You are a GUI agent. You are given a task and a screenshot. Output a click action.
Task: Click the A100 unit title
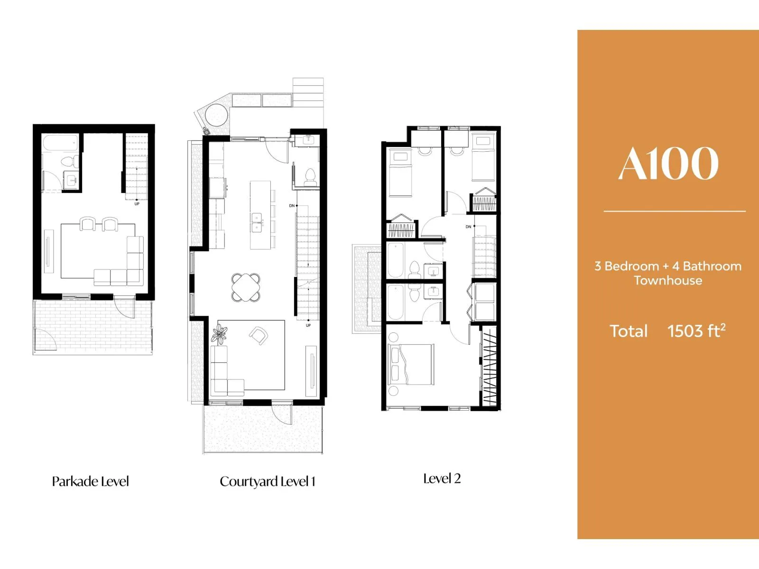click(x=668, y=163)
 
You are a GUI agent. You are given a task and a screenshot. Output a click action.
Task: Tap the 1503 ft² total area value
click(x=696, y=330)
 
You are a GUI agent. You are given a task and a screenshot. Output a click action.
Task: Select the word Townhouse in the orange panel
click(x=668, y=280)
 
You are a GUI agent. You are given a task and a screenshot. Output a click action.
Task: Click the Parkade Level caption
click(x=90, y=481)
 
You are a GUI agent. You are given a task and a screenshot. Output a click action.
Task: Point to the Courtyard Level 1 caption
click(x=267, y=482)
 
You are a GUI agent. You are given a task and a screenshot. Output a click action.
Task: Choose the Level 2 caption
click(x=442, y=478)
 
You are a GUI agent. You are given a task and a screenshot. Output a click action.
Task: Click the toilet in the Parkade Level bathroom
click(x=70, y=161)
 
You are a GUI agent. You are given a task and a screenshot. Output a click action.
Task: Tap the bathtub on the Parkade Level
click(x=60, y=143)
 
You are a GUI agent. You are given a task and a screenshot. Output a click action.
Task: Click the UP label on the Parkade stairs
click(x=137, y=204)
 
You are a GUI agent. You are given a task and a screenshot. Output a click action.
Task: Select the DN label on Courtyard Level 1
click(x=292, y=206)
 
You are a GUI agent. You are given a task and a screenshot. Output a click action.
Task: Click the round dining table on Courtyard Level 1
click(x=246, y=287)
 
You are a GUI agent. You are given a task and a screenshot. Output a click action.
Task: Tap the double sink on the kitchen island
click(x=257, y=222)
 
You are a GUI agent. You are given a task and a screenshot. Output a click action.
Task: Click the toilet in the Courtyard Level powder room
click(x=310, y=176)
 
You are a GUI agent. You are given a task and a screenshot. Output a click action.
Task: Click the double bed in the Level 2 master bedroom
click(x=410, y=364)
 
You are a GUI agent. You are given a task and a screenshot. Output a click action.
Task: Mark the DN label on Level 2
click(x=468, y=227)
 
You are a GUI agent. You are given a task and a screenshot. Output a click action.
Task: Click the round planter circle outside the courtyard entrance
click(x=216, y=115)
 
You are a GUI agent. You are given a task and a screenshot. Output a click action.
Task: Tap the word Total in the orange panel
click(x=628, y=331)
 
